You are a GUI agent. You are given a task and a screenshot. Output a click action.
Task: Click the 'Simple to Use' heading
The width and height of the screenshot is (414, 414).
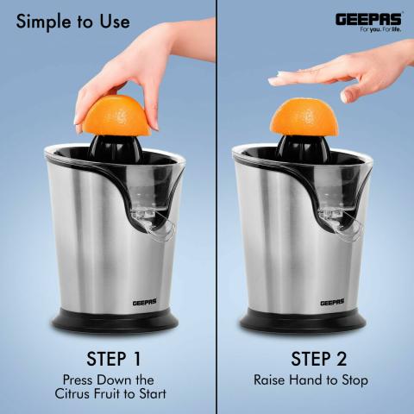coord(73,22)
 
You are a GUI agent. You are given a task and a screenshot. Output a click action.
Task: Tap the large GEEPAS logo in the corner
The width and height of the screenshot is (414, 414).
coord(368,19)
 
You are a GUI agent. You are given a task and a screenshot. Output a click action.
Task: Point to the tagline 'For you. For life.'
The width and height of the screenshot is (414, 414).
coord(380,29)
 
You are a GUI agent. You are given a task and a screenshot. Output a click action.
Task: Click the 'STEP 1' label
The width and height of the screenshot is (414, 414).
coord(114,359)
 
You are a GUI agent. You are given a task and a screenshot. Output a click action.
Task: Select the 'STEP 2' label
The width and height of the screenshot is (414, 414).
coord(319,359)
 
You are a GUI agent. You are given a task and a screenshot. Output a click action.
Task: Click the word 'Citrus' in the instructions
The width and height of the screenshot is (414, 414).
coord(72,393)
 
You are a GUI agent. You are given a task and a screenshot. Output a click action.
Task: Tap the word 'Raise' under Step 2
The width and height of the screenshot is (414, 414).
coord(269,380)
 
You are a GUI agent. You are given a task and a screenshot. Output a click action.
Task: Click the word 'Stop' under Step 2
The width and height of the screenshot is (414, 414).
coord(354,380)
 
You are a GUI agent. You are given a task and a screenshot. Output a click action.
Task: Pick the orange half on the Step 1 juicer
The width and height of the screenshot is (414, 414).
coord(116,116)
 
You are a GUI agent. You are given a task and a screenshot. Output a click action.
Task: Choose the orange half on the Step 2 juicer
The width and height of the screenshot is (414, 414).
coord(304,117)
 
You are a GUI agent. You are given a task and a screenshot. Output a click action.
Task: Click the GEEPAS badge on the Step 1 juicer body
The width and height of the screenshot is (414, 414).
coord(145,303)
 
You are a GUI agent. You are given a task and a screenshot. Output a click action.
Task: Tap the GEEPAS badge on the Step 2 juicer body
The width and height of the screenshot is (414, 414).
coord(332,303)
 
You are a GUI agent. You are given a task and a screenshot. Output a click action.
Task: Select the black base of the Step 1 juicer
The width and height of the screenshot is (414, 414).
coord(115,321)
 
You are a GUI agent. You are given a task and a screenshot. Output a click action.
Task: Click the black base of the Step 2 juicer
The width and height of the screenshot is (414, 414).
coord(303,321)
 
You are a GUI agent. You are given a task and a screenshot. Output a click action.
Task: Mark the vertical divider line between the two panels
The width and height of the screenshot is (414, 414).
coord(216,207)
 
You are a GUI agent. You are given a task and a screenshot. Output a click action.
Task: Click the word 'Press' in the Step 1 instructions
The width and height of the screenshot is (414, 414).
coord(78,380)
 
